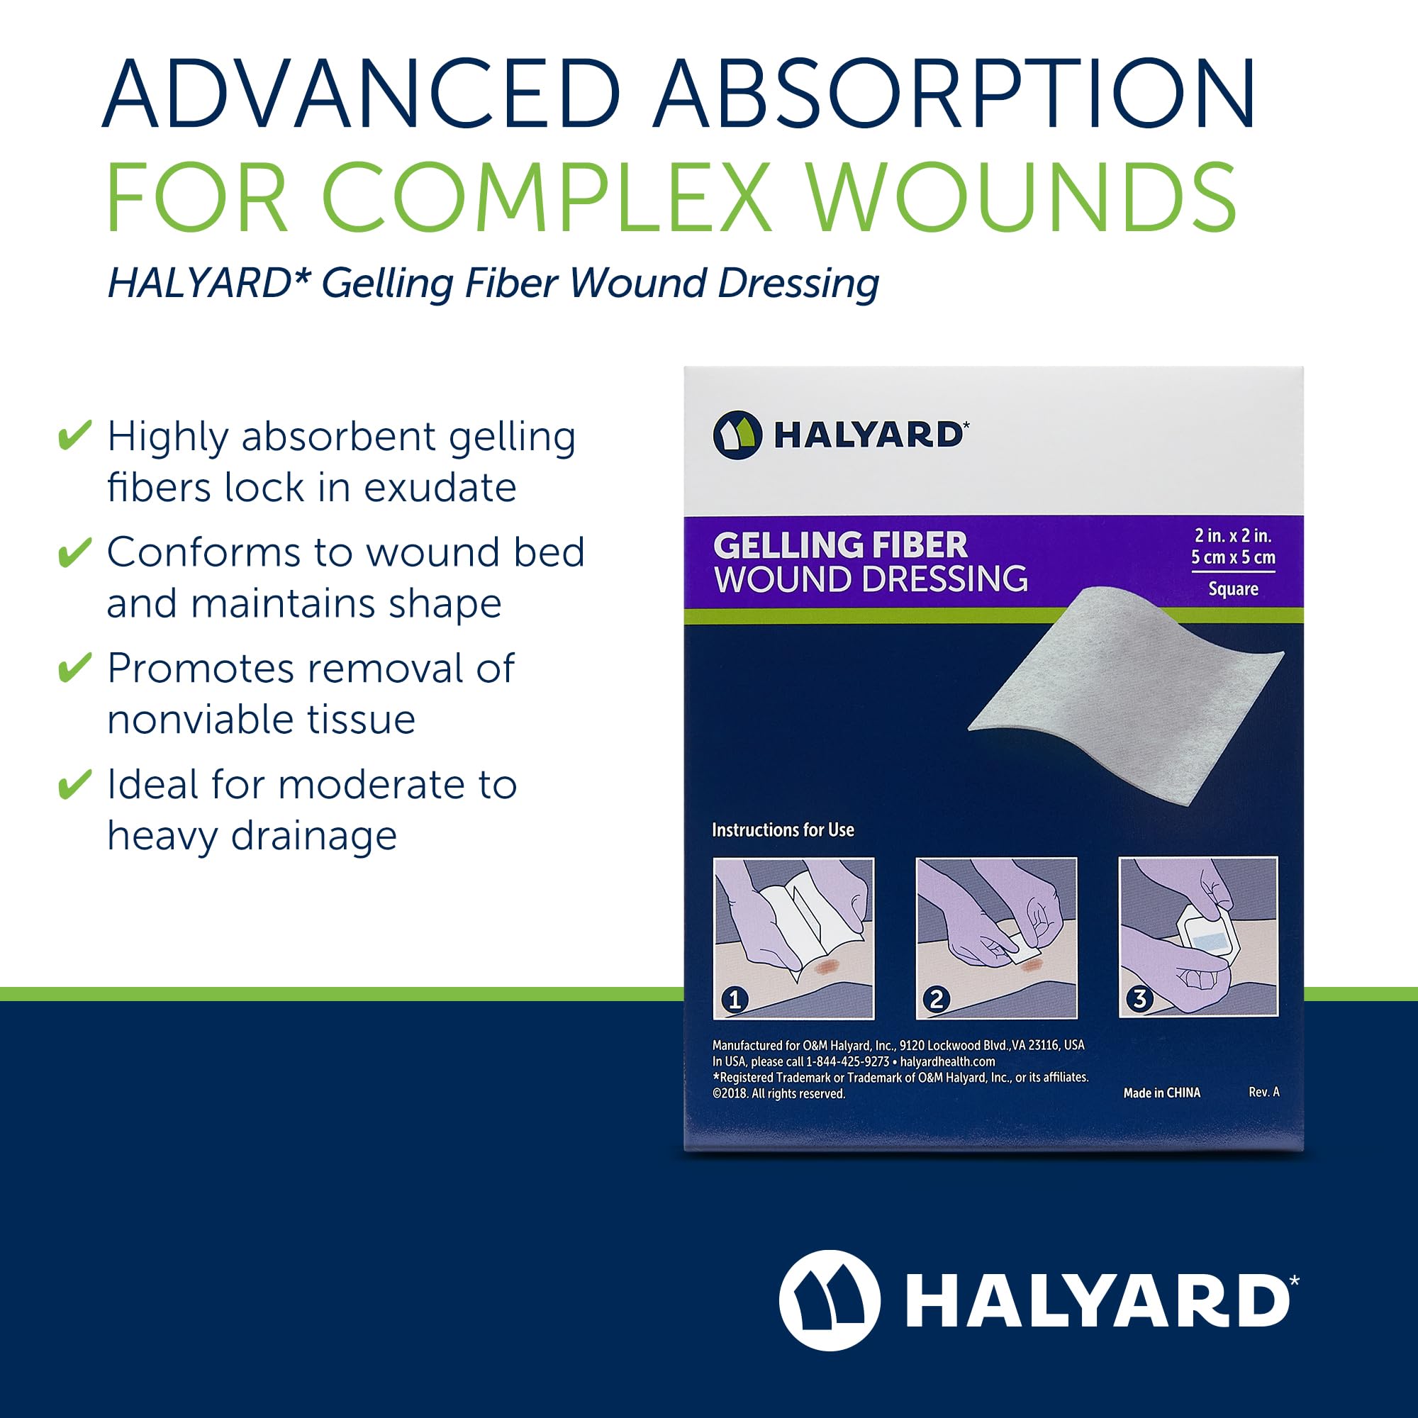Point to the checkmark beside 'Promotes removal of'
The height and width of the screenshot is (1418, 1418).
click(75, 667)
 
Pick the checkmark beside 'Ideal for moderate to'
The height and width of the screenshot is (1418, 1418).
click(75, 784)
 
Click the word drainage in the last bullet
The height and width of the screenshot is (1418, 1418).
click(314, 837)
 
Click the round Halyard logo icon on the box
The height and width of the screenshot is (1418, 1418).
click(737, 435)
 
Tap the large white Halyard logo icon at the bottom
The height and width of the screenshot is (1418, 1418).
click(830, 1300)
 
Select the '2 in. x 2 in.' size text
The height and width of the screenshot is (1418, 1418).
click(1233, 536)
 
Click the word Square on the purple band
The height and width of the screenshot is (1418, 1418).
click(1233, 588)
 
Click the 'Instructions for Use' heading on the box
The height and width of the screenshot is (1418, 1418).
click(783, 830)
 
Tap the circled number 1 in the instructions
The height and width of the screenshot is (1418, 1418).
click(735, 999)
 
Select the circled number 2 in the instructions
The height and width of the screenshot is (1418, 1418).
click(937, 999)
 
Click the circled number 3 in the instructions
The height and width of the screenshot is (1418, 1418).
click(1139, 998)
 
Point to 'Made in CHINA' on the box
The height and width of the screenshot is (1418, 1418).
click(1162, 1093)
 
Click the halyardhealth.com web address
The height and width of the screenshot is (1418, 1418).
click(947, 1061)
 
